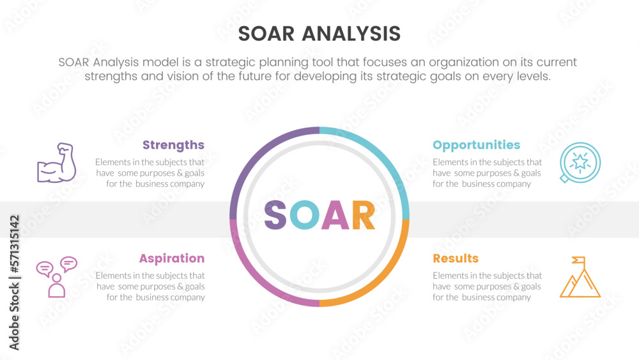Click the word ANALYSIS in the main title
[x=351, y=34]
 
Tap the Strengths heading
[x=173, y=145]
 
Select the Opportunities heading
[x=477, y=145]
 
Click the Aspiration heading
[x=171, y=258]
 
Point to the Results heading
[x=456, y=258]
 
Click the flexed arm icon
[x=57, y=162]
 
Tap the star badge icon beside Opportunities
[x=580, y=162]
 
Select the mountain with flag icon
[x=580, y=277]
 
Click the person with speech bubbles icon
[x=57, y=277]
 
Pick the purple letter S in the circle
[x=275, y=215]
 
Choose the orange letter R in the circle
[x=363, y=215]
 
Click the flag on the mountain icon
[x=579, y=260]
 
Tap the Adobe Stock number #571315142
[x=15, y=244]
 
